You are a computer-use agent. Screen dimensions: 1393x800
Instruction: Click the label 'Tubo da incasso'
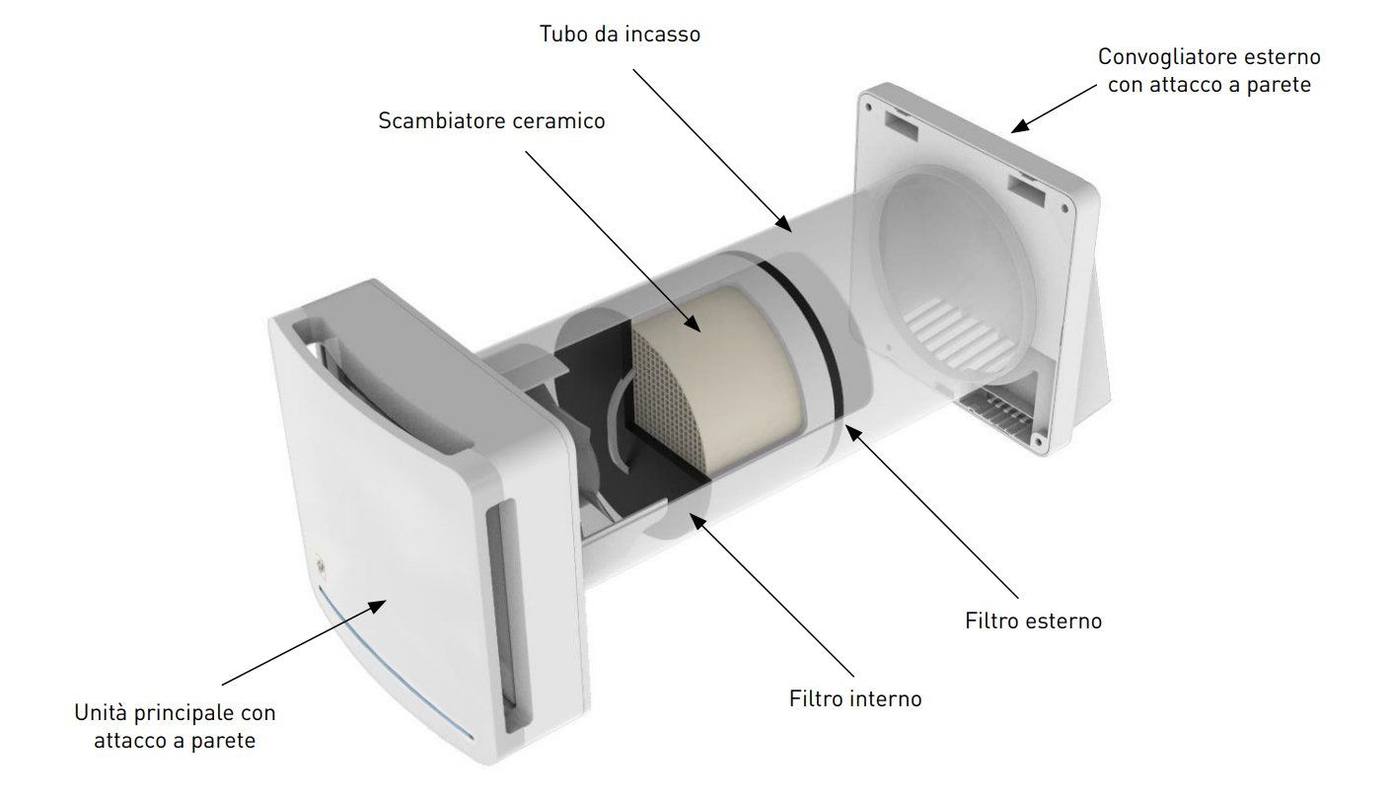click(620, 35)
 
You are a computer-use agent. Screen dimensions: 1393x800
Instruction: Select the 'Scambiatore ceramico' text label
click(491, 120)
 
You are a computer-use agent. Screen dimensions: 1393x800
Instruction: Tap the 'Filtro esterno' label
click(1033, 620)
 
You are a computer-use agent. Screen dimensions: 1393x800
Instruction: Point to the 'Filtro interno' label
click(855, 698)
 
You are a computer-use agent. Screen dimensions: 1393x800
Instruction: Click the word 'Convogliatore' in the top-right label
click(1159, 57)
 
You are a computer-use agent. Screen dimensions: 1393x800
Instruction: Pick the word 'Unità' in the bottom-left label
click(101, 712)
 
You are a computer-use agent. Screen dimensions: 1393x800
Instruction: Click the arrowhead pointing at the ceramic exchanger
click(692, 323)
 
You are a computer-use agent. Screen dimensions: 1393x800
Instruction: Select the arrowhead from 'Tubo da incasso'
click(783, 224)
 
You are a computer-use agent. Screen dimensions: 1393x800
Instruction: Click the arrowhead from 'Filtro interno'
click(698, 521)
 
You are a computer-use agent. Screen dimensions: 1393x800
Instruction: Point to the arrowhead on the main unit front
click(376, 606)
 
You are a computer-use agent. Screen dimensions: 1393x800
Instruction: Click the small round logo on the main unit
click(320, 567)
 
